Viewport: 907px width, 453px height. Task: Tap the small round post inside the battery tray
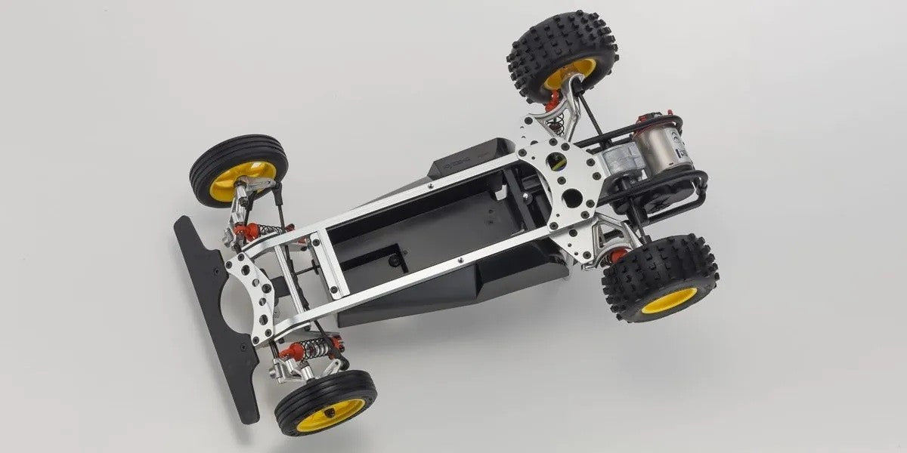point(393,260)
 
